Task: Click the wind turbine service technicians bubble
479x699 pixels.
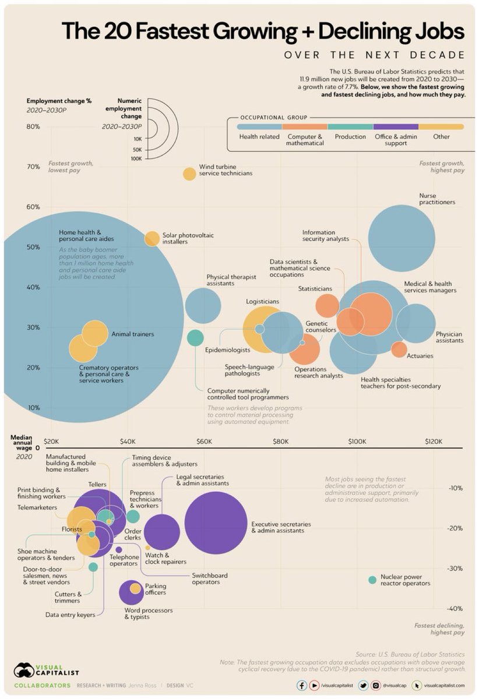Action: [x=189, y=174]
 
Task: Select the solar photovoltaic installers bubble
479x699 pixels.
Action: [x=152, y=238]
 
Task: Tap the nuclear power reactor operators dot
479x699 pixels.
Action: [x=372, y=580]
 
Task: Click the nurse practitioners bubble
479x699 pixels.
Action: [x=401, y=238]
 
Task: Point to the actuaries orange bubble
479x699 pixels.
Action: [x=399, y=349]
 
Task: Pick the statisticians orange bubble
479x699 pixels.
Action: [x=327, y=305]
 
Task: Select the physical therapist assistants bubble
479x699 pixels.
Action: [x=203, y=305]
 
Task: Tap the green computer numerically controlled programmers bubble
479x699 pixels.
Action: [x=195, y=337]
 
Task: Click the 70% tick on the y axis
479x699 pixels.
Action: [x=33, y=167]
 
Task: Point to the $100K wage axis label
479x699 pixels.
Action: [x=357, y=441]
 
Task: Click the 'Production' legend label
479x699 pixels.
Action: [x=350, y=137]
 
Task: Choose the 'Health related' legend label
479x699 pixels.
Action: [x=259, y=137]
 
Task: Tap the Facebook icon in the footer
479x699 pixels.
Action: [x=301, y=686]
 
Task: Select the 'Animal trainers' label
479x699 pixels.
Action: [x=132, y=334]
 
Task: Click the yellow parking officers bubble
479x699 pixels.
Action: [x=135, y=588]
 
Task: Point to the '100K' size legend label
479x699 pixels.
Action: [x=138, y=158]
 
